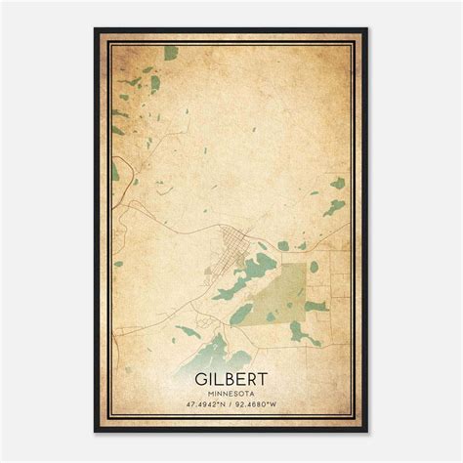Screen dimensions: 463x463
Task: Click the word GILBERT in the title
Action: (x=231, y=374)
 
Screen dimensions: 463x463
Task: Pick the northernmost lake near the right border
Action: (x=337, y=183)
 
